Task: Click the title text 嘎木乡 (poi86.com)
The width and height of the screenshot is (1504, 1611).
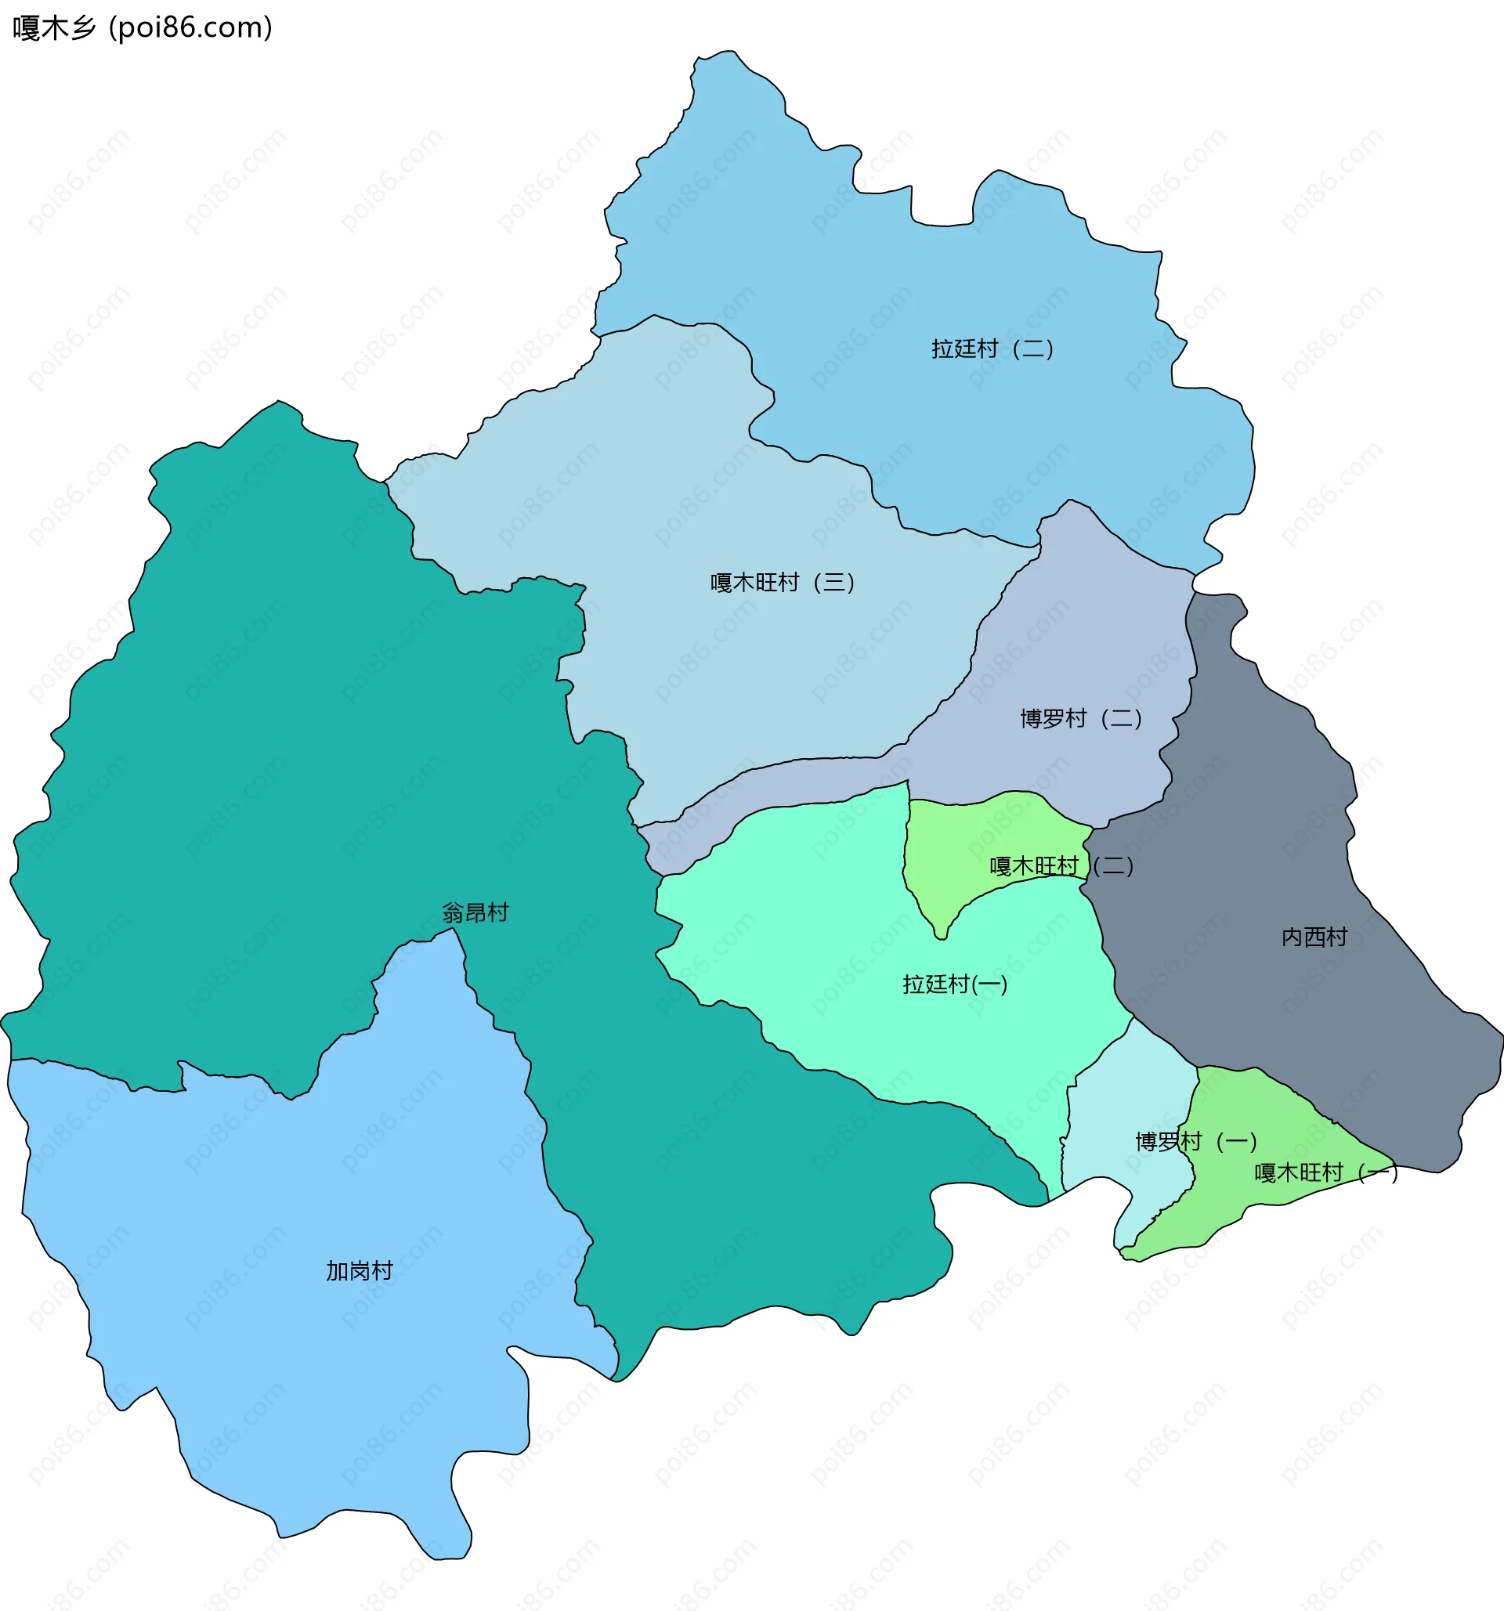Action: point(142,27)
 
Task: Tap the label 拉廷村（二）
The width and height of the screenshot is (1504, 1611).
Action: point(992,349)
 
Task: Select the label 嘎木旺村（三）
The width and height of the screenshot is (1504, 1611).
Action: point(783,583)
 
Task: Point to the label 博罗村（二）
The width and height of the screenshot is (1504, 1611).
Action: point(1081,719)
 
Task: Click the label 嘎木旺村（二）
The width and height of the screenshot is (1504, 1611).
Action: point(1061,866)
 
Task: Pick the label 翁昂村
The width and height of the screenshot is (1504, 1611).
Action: point(475,913)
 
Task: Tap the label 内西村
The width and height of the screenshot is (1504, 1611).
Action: point(1314,937)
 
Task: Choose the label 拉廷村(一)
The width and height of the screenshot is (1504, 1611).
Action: point(956,984)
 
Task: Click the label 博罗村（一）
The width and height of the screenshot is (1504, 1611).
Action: point(1196,1142)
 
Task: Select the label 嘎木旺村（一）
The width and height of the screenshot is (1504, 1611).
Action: point(1325,1172)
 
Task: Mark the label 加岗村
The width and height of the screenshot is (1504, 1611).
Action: point(359,1270)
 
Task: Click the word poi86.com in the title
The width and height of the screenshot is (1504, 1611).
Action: point(191,27)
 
